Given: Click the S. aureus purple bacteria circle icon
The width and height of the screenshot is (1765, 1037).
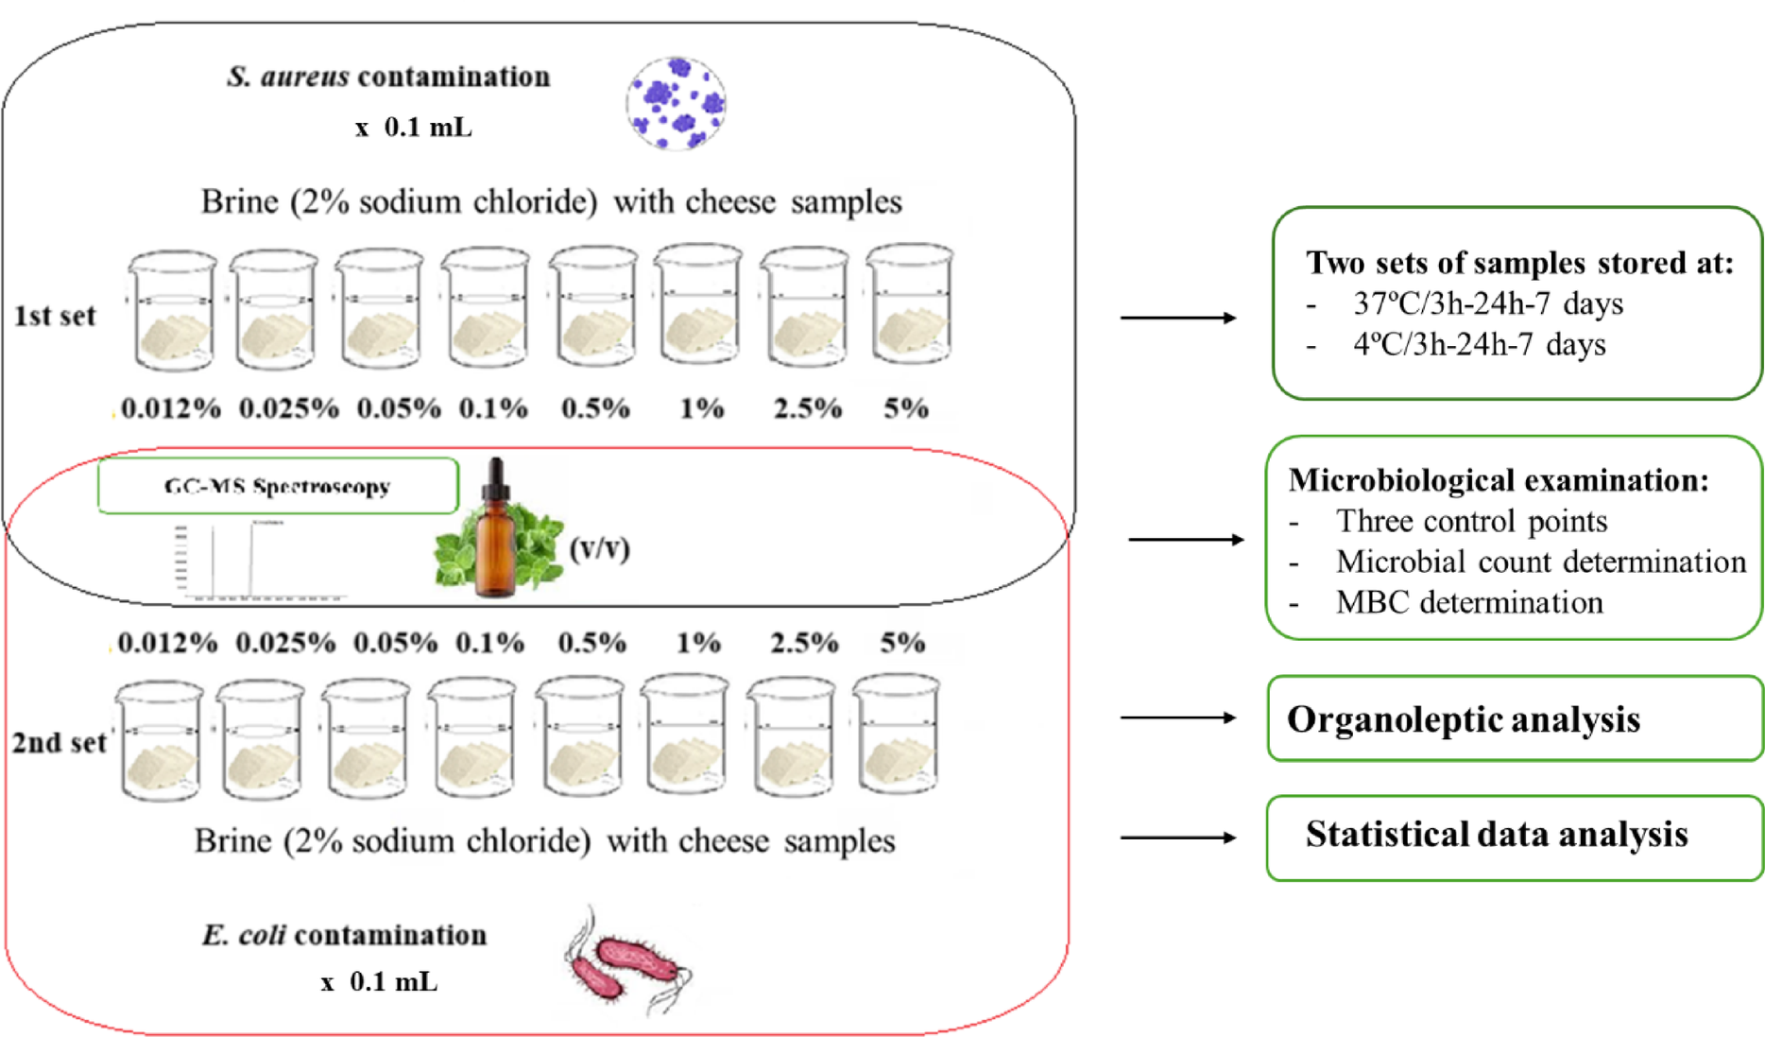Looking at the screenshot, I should [676, 103].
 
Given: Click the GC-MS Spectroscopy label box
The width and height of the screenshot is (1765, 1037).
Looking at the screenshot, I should [278, 486].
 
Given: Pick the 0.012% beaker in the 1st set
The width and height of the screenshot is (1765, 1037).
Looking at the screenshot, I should [172, 310].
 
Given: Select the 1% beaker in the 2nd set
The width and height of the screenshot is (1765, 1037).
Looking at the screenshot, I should [685, 735].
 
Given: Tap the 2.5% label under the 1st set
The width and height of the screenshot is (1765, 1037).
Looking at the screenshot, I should [807, 408].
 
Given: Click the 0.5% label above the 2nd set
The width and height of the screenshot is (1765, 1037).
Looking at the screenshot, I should [591, 643].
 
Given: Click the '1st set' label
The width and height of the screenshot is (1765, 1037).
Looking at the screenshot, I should [55, 316].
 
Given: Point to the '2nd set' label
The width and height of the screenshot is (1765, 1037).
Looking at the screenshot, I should [59, 743].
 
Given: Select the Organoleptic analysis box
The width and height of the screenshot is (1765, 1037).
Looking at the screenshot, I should [1514, 718].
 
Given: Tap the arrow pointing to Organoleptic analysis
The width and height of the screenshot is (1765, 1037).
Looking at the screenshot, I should [1177, 718].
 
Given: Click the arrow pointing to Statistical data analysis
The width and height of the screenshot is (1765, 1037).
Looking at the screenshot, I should [1177, 838].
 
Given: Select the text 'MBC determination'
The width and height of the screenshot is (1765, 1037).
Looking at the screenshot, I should [1468, 602].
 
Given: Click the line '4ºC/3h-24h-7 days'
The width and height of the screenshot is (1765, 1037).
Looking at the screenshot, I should [1479, 344].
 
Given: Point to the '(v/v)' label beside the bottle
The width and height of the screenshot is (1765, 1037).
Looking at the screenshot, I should [599, 548].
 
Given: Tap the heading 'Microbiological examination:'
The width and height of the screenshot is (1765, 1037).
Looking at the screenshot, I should [1499, 480].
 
